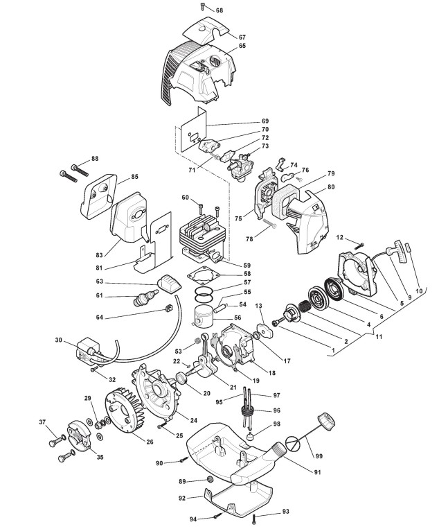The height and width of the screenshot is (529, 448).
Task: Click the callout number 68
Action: click(219, 10)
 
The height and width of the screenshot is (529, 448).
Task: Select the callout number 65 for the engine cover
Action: click(242, 46)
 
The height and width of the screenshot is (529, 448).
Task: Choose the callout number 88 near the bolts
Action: click(95, 159)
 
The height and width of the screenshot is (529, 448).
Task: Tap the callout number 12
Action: click(340, 238)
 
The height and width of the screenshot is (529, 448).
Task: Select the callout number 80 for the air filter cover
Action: click(331, 187)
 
